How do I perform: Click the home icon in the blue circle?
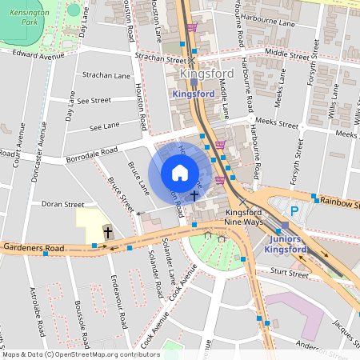pyautogui.click(x=180, y=173)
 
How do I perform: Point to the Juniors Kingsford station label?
pyautogui.click(x=284, y=243)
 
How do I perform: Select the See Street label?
pyautogui.click(x=94, y=101)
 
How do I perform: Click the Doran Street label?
pyautogui.click(x=63, y=204)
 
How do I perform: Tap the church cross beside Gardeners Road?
pyautogui.click(x=108, y=231)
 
